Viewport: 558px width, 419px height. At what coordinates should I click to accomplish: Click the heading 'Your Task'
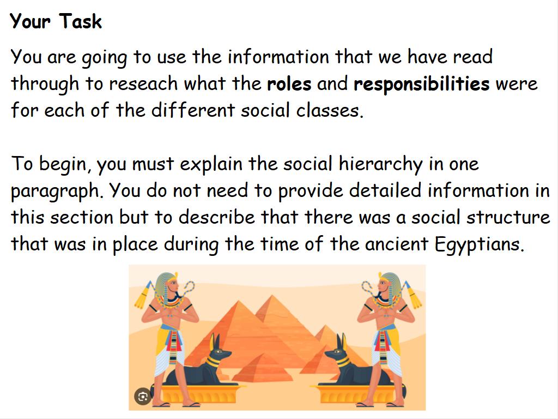[56, 21]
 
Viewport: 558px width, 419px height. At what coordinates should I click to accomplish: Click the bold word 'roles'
[289, 83]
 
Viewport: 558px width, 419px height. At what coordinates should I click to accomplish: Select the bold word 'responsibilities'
[421, 85]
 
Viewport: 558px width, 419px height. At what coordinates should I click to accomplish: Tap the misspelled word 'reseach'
[143, 83]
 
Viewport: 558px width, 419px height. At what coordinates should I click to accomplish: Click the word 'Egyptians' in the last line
[479, 245]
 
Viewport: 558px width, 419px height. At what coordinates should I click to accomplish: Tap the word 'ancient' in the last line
[396, 244]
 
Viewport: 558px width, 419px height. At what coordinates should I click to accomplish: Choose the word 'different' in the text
[193, 110]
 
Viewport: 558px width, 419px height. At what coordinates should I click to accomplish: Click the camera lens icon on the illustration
[143, 397]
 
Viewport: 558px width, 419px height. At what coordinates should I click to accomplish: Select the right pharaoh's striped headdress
[390, 284]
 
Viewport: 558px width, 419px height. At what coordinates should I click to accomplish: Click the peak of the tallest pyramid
[272, 295]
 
